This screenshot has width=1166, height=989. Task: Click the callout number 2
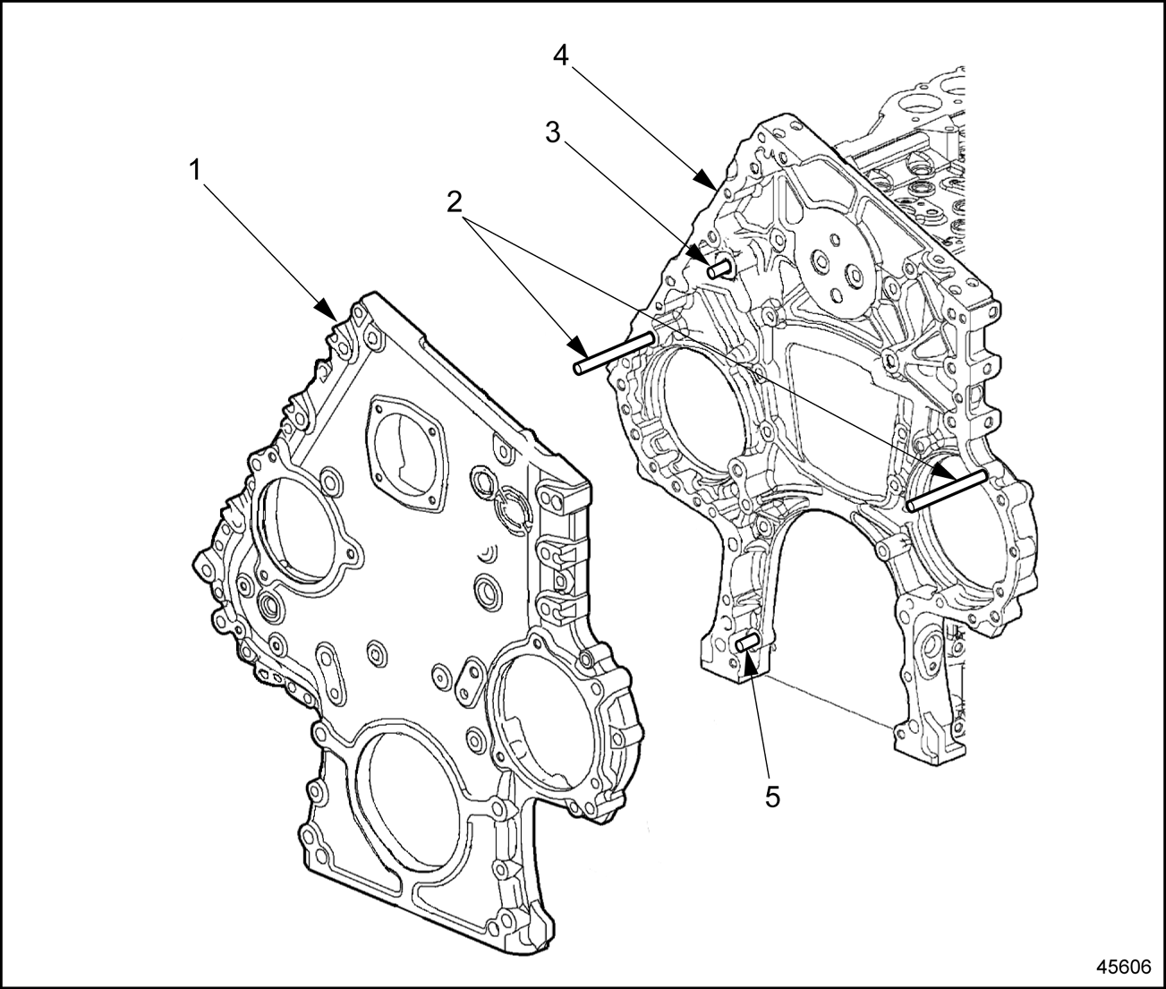[x=455, y=201]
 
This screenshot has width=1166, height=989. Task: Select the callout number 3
[x=554, y=132]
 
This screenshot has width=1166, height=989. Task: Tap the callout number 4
[x=561, y=55]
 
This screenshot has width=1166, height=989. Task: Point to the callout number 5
[x=771, y=795]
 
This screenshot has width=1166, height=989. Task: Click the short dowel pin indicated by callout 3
[x=720, y=267]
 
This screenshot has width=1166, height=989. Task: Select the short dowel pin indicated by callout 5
[x=746, y=642]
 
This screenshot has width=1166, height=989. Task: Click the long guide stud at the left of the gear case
[x=617, y=353]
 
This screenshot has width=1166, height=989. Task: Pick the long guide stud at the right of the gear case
[x=947, y=490]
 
